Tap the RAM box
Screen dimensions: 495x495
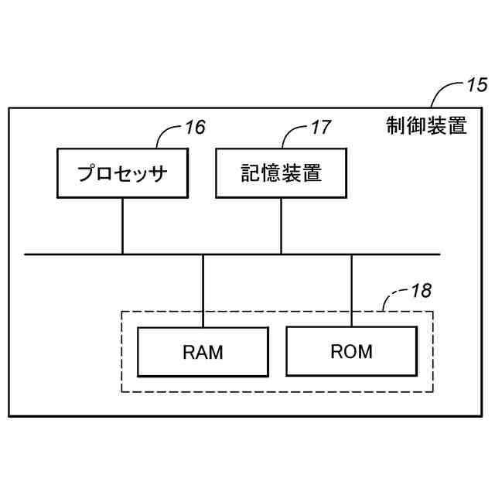(203, 352)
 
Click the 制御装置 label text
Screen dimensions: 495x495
(426, 126)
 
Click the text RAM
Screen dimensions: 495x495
(203, 353)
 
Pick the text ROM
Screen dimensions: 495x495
(351, 352)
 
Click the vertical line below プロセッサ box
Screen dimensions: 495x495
(122, 225)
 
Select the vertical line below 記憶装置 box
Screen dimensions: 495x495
(281, 225)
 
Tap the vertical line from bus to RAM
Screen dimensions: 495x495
(203, 290)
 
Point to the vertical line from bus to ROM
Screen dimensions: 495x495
(352, 289)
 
